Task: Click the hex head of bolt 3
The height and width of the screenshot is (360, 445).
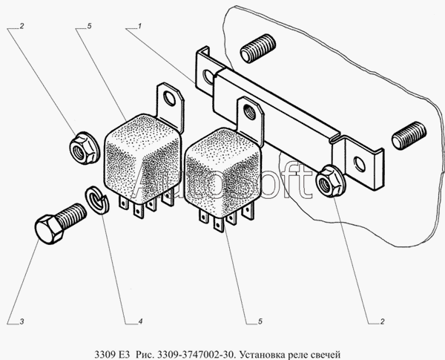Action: coord(49,229)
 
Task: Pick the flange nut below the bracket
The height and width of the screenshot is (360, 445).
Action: coord(330,181)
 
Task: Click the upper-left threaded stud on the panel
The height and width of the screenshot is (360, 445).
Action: coord(257,48)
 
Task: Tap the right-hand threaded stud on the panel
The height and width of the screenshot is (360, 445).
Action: coord(409,136)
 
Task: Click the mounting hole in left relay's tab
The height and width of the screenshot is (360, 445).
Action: coord(170,99)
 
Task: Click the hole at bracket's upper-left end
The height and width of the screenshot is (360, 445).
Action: coord(209,76)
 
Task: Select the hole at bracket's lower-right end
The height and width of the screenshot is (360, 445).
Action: coord(360,164)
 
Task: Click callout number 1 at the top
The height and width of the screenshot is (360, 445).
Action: coord(139,26)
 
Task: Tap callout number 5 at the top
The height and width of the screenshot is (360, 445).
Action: coord(90,26)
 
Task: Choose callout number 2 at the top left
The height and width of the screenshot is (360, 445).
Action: coord(22,26)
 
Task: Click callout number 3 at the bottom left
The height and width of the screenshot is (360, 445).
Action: coord(22,321)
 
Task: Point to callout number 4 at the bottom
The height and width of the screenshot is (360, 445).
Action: coord(140,321)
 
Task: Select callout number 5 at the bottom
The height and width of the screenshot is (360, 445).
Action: coord(260,321)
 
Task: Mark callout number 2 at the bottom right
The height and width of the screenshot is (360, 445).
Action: coord(382,321)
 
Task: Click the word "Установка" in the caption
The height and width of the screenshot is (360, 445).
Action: coord(261,355)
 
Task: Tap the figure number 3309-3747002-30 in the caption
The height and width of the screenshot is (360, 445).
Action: coord(196,355)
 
